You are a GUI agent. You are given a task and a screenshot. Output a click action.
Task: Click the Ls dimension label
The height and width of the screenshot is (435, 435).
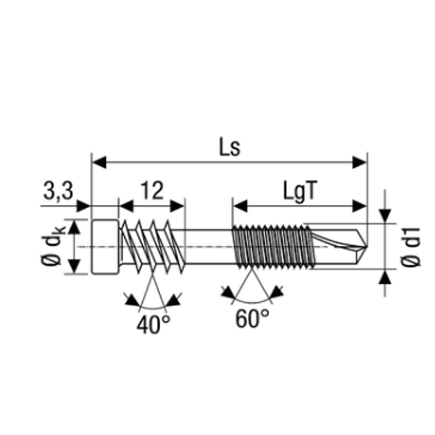[x=230, y=147]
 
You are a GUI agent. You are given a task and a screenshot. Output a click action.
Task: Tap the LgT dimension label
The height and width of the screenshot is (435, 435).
[x=299, y=191]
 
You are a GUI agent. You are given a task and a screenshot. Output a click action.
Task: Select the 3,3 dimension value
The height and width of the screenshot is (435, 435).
[x=58, y=191]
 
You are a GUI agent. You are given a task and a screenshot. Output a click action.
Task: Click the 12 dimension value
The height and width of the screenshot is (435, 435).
[x=152, y=191]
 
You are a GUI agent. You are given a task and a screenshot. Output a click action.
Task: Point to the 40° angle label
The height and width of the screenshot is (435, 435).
[x=154, y=324]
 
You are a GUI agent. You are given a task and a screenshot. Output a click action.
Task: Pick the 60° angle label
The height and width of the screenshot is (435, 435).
[x=252, y=318]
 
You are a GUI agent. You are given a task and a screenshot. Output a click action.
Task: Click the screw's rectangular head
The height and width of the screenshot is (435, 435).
[x=105, y=246]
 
